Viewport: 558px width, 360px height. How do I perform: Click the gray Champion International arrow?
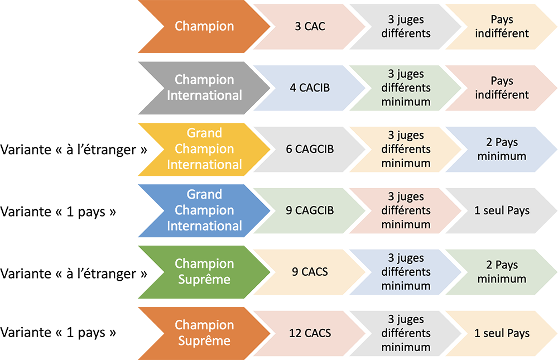pyautogui.click(x=204, y=88)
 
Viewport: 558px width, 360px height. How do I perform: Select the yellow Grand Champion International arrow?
pyautogui.click(x=204, y=149)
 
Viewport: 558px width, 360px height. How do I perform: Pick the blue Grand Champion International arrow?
pyautogui.click(x=204, y=210)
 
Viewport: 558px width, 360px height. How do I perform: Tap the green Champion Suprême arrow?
pyautogui.click(x=204, y=271)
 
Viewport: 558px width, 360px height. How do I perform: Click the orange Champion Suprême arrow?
pyautogui.click(x=204, y=333)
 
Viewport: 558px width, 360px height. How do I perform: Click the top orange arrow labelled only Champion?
pyautogui.click(x=204, y=26)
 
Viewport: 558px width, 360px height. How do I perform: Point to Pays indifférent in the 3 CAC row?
pyautogui.click(x=502, y=27)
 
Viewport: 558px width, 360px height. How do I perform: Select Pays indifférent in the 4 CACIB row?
pyautogui.click(x=502, y=88)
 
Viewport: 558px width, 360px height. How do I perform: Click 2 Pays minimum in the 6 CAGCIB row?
pyautogui.click(x=502, y=149)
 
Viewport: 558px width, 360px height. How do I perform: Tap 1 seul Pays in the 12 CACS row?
pyautogui.click(x=502, y=333)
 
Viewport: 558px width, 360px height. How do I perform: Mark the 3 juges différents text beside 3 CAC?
pyautogui.click(x=406, y=27)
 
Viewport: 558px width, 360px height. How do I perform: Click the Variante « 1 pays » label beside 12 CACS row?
pyautogui.click(x=58, y=333)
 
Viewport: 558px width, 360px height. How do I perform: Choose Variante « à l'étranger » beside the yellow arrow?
pyautogui.click(x=74, y=150)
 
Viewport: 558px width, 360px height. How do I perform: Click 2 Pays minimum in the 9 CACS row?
pyautogui.click(x=502, y=272)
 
